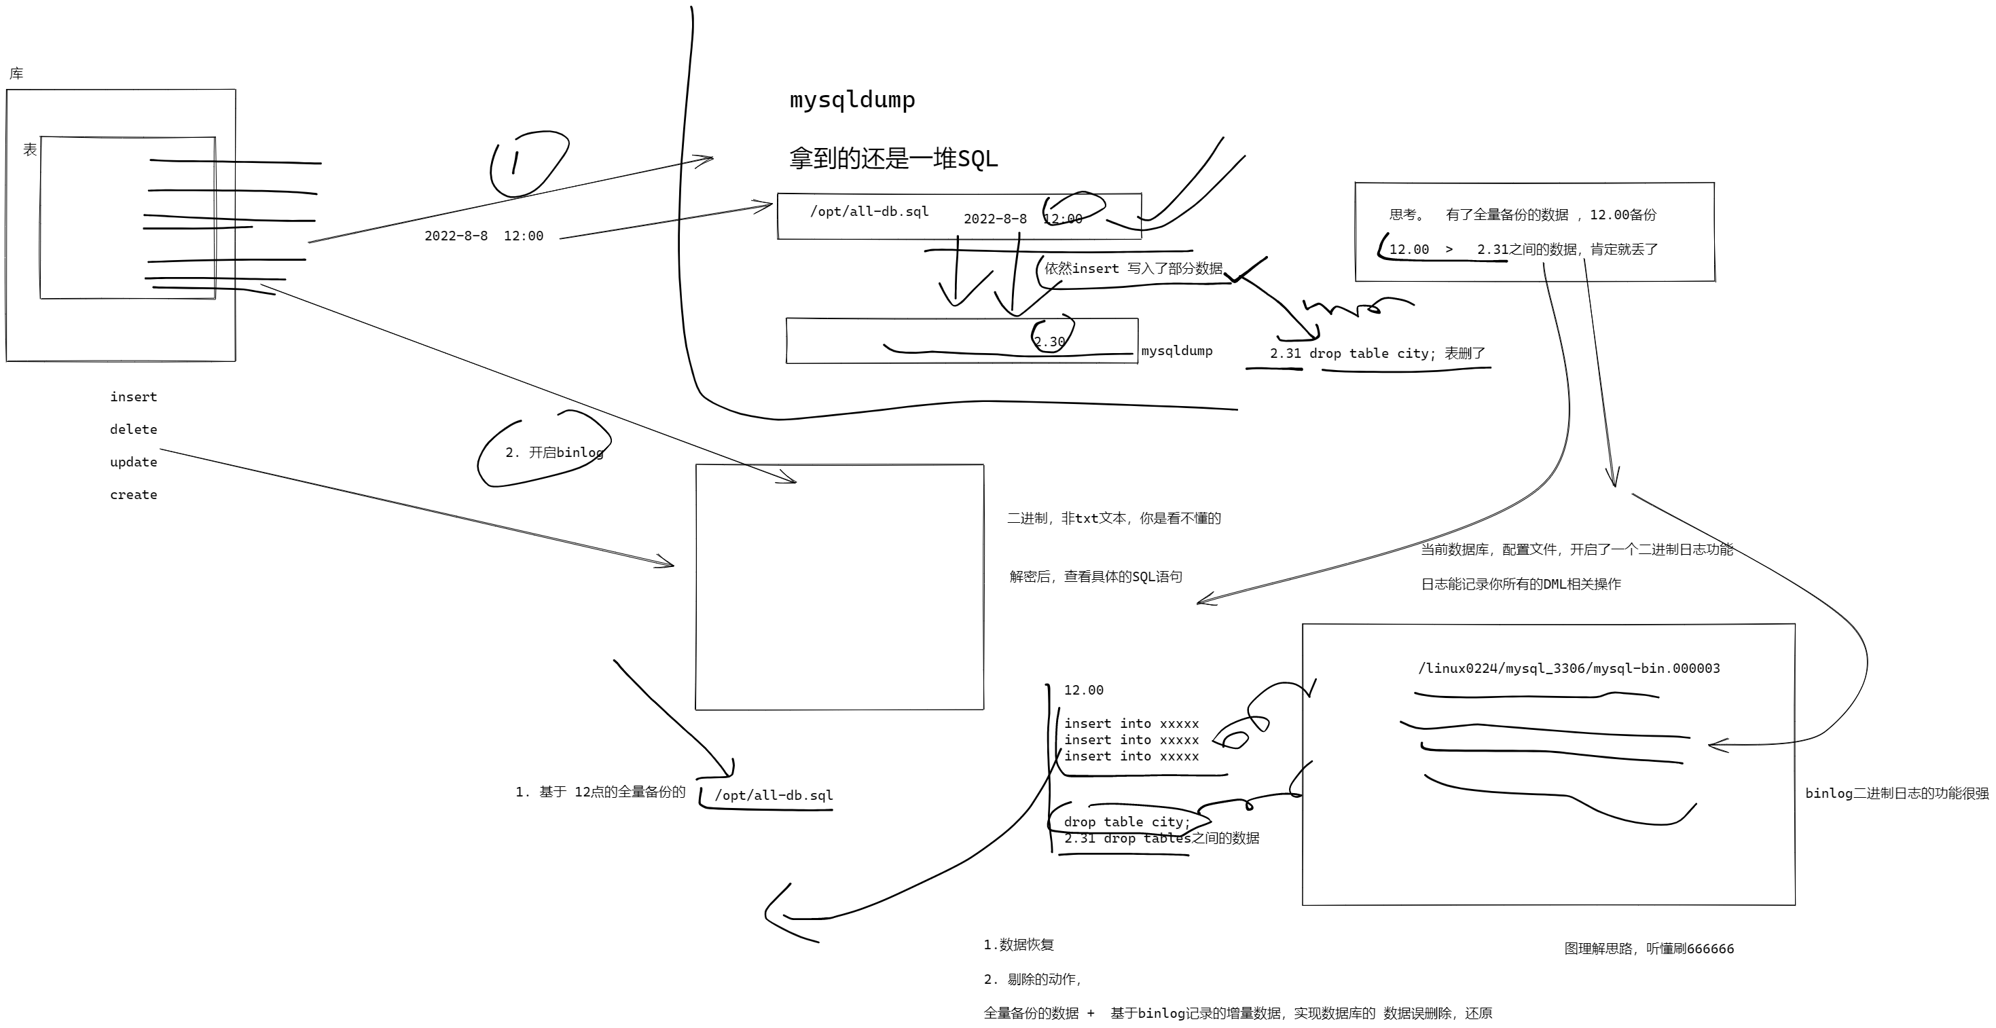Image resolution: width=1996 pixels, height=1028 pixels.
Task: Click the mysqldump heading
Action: click(x=852, y=100)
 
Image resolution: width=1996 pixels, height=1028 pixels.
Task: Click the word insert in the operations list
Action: click(x=133, y=397)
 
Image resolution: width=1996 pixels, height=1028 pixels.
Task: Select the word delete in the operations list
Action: click(x=133, y=429)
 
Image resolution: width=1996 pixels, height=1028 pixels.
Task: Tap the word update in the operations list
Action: click(x=133, y=462)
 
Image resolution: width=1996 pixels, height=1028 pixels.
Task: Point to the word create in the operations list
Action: click(x=133, y=494)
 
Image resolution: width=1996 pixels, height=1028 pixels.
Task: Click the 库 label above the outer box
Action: click(x=16, y=73)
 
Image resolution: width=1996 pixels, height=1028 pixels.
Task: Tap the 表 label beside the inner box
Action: click(x=30, y=149)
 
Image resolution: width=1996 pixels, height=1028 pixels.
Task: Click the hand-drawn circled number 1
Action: click(x=516, y=163)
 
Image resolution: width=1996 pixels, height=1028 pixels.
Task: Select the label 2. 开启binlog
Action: click(x=554, y=452)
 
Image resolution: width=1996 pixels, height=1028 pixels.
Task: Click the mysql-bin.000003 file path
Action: click(x=1568, y=669)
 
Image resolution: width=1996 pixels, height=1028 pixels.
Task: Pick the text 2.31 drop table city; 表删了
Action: click(x=1377, y=353)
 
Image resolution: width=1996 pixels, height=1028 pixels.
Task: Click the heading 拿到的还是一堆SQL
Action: click(x=892, y=159)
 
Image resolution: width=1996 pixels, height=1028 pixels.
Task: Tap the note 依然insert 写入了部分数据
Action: click(x=1133, y=269)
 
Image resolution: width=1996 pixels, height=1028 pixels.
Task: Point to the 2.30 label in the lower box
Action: click(x=1049, y=342)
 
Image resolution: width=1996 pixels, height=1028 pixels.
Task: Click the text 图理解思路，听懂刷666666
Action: click(x=1649, y=949)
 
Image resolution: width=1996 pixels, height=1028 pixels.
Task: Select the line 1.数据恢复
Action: click(x=1018, y=944)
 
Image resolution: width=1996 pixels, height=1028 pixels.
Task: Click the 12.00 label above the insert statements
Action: click(x=1083, y=691)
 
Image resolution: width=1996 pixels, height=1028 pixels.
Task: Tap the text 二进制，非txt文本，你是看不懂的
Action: click(x=1113, y=518)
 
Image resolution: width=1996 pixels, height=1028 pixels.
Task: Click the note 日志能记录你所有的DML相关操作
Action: click(x=1520, y=584)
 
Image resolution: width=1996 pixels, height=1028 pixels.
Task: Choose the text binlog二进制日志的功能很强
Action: click(x=1897, y=793)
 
